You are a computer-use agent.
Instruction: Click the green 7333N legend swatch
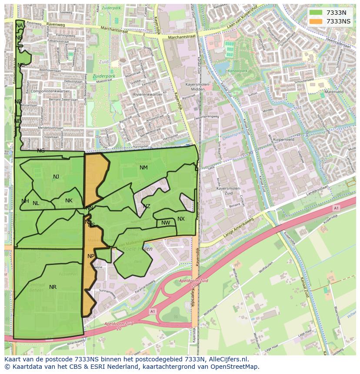(x=316, y=13)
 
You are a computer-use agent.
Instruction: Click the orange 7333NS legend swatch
(x=316, y=21)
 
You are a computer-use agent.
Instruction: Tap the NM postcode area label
(x=143, y=168)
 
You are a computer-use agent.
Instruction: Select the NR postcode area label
(x=53, y=287)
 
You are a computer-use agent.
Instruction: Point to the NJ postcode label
(x=56, y=177)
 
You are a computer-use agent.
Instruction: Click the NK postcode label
(x=69, y=201)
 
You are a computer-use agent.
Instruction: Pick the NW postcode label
(x=166, y=223)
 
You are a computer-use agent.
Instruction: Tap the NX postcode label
(x=181, y=219)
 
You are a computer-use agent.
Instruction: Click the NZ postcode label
(x=147, y=206)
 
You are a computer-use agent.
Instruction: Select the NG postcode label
(x=41, y=151)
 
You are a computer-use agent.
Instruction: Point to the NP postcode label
(x=90, y=256)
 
